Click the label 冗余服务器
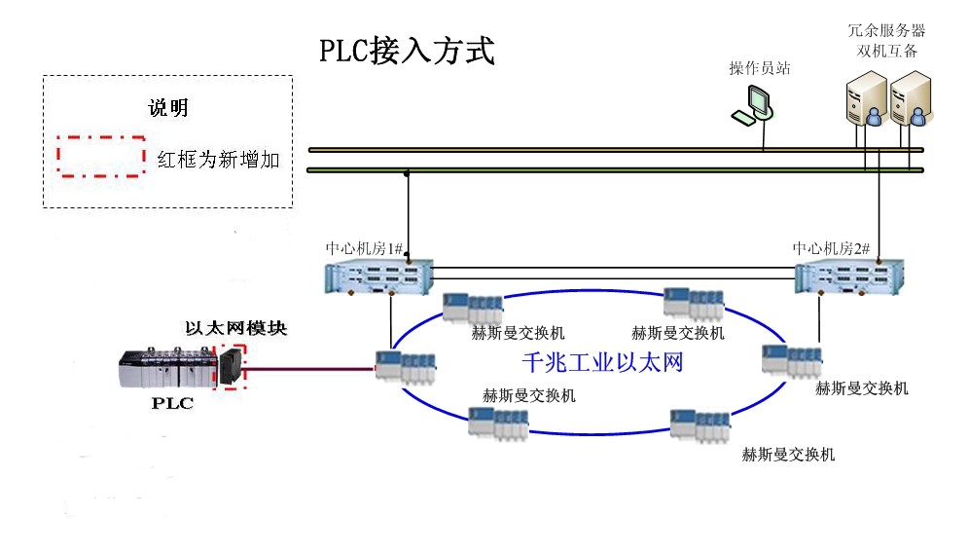tap(885, 30)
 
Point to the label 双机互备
tap(885, 51)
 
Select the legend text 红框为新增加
tap(218, 158)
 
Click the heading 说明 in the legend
tap(167, 107)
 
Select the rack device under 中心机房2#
tap(849, 278)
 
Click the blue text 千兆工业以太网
tap(603, 362)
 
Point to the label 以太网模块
tap(236, 328)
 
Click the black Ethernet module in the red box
tap(232, 367)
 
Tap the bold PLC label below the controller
tap(172, 403)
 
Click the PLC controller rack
tap(166, 369)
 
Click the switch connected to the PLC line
tap(405, 369)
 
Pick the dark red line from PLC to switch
tap(311, 369)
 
